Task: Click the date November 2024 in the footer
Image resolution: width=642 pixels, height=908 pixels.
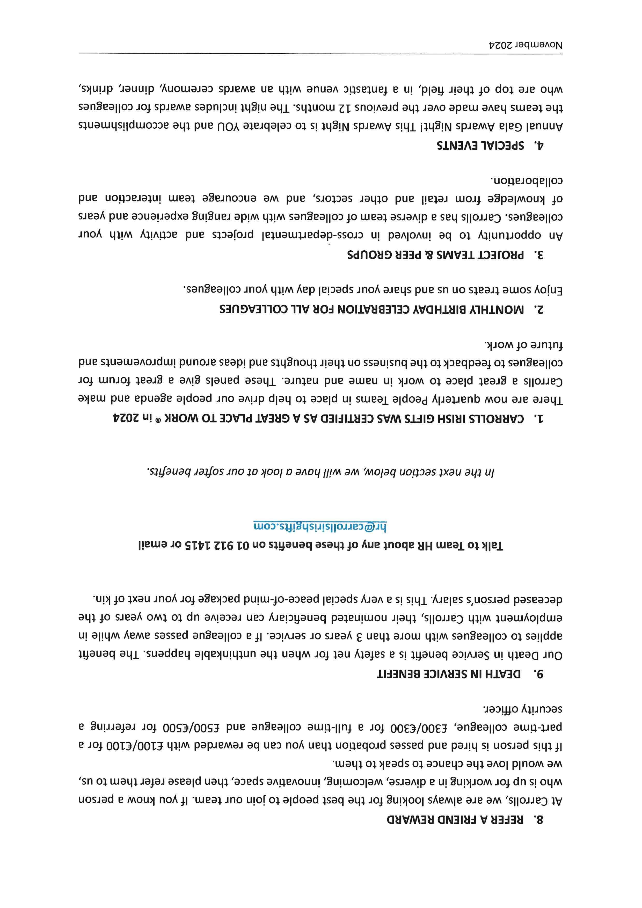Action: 526,45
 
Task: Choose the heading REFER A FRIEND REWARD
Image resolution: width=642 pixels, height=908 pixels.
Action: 455,820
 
